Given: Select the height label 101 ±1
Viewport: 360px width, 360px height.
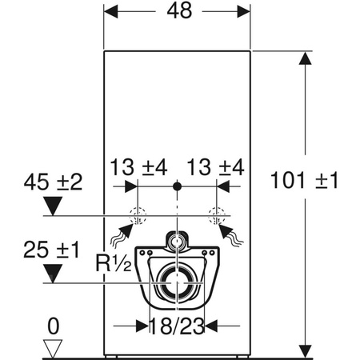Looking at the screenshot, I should pos(306,180).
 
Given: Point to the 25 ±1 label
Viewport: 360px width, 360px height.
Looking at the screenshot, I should pos(53,249).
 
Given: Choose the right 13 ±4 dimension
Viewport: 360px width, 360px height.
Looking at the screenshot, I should pos(215,169).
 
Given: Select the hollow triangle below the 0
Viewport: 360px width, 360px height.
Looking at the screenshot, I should pos(53,347).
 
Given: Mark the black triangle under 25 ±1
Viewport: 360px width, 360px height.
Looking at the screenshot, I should pos(53,274).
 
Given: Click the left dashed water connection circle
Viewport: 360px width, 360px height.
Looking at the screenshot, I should pos(137,215).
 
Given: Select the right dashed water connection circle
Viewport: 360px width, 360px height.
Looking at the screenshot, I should pos(215,215).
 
